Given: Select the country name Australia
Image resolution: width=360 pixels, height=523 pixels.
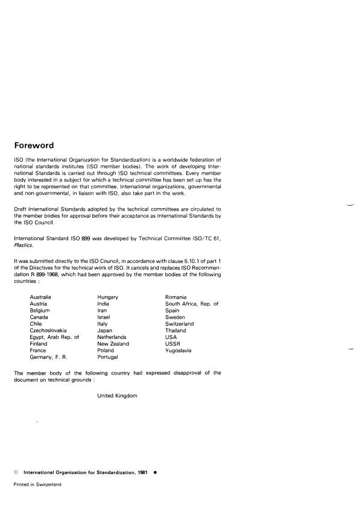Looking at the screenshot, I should tap(40, 297).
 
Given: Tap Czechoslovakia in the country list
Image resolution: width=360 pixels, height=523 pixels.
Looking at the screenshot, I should tap(48, 330).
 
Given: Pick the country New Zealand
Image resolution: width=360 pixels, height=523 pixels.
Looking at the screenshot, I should tap(113, 344).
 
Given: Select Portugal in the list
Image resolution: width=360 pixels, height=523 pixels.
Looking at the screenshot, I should tap(107, 357).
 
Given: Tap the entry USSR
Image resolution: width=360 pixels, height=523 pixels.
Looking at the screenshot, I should tap(172, 344).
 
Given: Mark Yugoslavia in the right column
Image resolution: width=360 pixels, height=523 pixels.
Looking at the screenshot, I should tap(178, 350).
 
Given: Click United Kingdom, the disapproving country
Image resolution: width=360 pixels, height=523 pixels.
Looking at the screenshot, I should tap(117, 396).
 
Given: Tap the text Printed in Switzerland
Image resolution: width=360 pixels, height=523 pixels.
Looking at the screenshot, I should tap(37, 484).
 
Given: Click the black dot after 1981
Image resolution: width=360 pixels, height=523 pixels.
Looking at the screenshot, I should tap(156, 473).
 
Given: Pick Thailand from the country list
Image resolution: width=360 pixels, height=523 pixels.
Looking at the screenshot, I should tap(175, 330).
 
